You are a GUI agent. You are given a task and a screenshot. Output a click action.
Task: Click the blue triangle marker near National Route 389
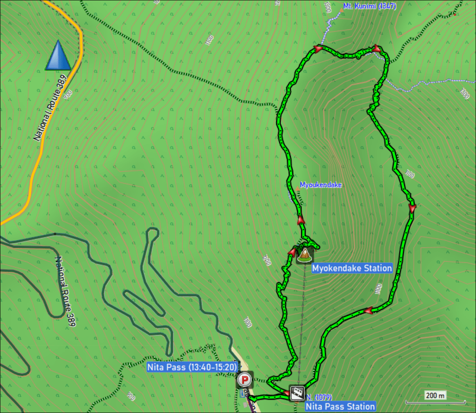58,55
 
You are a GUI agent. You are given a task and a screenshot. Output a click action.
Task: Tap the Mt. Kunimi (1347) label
369,6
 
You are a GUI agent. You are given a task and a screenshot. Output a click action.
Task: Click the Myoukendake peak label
321,185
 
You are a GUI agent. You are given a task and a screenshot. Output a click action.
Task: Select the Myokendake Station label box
352,268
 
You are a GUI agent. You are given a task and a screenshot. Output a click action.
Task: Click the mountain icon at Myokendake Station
305,255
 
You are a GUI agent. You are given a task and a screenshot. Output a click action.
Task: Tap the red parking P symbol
245,380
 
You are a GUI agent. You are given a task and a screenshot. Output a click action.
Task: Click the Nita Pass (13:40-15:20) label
192,367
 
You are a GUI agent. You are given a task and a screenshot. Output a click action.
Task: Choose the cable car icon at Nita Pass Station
297,393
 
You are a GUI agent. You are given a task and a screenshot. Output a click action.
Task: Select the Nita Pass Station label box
340,406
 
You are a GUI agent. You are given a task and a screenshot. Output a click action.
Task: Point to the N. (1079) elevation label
319,397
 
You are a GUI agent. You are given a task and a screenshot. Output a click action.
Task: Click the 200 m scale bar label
435,395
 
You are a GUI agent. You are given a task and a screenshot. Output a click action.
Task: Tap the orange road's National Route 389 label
50,108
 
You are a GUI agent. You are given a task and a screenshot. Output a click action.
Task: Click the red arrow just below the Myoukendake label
301,220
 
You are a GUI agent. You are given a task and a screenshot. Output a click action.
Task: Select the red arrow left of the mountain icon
292,251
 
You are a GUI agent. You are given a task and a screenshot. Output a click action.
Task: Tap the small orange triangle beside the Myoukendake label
297,188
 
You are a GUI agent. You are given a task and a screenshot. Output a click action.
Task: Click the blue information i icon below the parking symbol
242,394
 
